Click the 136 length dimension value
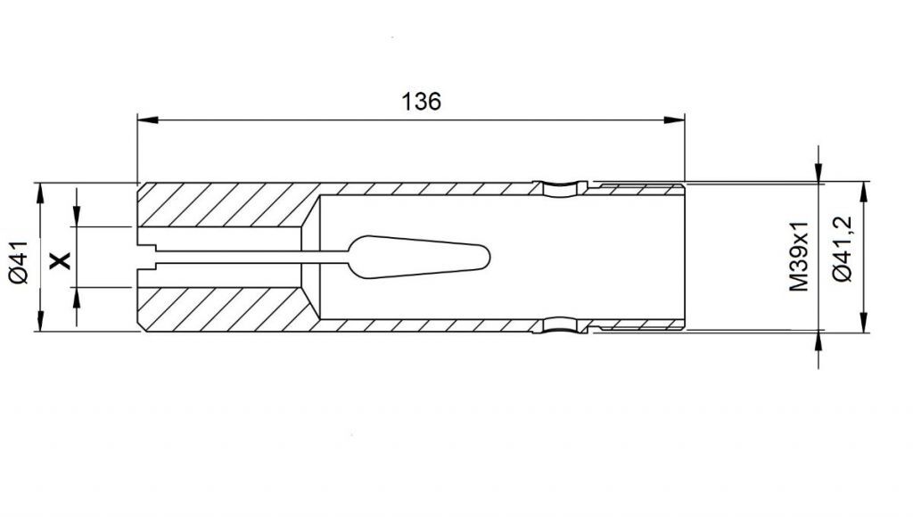click(x=421, y=102)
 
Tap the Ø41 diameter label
click(x=19, y=262)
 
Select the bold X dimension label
click(x=60, y=260)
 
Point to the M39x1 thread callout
click(x=799, y=256)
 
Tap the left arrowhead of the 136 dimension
click(x=147, y=120)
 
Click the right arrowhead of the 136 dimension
click(x=675, y=120)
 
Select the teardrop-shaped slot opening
click(x=418, y=257)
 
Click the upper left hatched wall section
click(x=228, y=205)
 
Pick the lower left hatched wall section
click(x=228, y=309)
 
